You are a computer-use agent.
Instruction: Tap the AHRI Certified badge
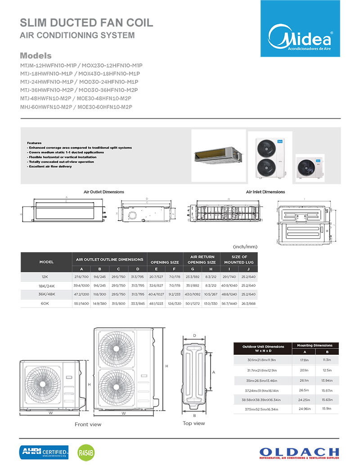[x=44, y=451]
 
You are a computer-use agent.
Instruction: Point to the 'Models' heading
[x=36, y=56]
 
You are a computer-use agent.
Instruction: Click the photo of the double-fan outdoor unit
[x=270, y=155]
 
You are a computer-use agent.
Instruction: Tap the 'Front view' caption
[x=88, y=424]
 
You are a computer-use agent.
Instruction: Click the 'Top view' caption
[x=193, y=423]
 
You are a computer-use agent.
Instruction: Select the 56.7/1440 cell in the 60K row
[x=229, y=303]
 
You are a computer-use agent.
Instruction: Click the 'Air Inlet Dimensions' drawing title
[x=265, y=192]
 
